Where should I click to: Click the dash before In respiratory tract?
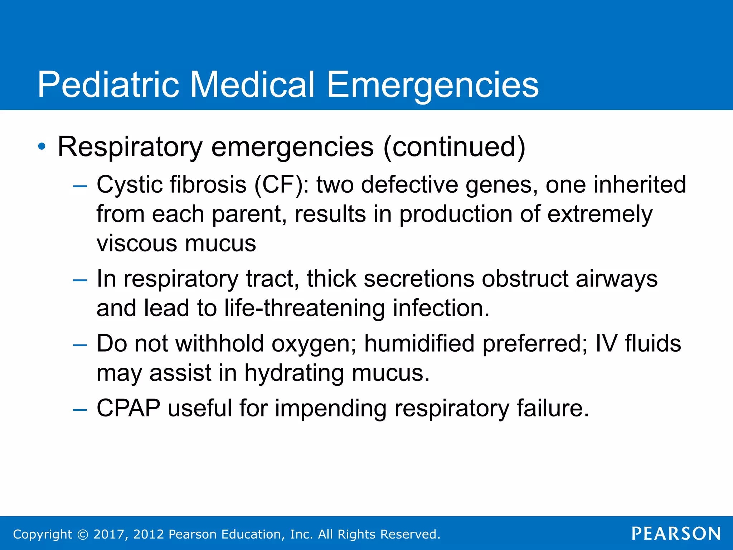(x=79, y=280)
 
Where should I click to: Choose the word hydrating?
(x=294, y=373)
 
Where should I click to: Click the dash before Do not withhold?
(x=79, y=345)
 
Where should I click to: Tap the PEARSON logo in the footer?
(x=676, y=534)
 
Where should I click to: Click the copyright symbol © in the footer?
(x=83, y=534)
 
